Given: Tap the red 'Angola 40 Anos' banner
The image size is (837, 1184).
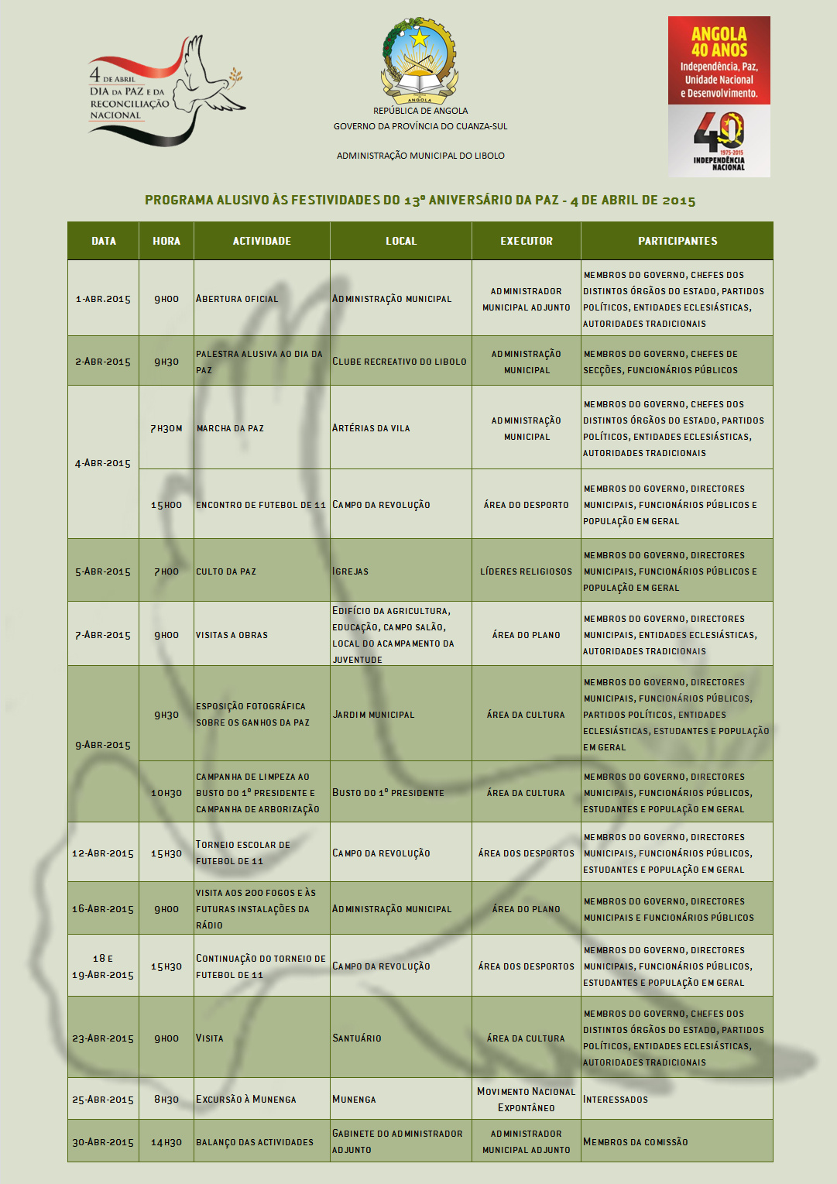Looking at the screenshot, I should (x=719, y=61).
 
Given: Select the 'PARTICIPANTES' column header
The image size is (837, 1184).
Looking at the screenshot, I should (x=677, y=241).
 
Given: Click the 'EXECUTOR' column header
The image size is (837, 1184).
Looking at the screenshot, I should (x=527, y=241).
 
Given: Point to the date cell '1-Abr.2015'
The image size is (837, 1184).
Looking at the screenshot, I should (x=103, y=299).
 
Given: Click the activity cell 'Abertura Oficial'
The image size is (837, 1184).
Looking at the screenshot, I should (x=237, y=299).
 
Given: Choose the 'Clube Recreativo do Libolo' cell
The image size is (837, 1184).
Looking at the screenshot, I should (x=400, y=362).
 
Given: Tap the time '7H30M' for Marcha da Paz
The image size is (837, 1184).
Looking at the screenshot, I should (x=166, y=428).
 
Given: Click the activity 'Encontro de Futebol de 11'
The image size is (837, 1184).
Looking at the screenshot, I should (x=261, y=505).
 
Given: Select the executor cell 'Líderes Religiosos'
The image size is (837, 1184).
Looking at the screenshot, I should (x=527, y=571).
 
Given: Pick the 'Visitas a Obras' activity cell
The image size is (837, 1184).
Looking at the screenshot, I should (x=232, y=635).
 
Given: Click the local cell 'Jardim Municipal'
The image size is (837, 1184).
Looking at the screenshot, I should (x=373, y=715).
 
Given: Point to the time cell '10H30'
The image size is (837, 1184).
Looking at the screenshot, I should (x=166, y=793).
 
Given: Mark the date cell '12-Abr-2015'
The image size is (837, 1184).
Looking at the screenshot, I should (x=103, y=853).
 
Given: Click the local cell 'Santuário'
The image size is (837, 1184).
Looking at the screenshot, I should (x=357, y=1038).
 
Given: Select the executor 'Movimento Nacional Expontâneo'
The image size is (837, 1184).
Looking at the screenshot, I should (x=527, y=1100).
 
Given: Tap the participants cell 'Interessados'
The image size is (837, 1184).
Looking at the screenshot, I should (x=616, y=1100).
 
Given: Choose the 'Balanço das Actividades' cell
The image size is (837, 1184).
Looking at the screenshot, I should (x=255, y=1142).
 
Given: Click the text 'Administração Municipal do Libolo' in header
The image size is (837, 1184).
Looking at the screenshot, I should (x=420, y=156).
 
